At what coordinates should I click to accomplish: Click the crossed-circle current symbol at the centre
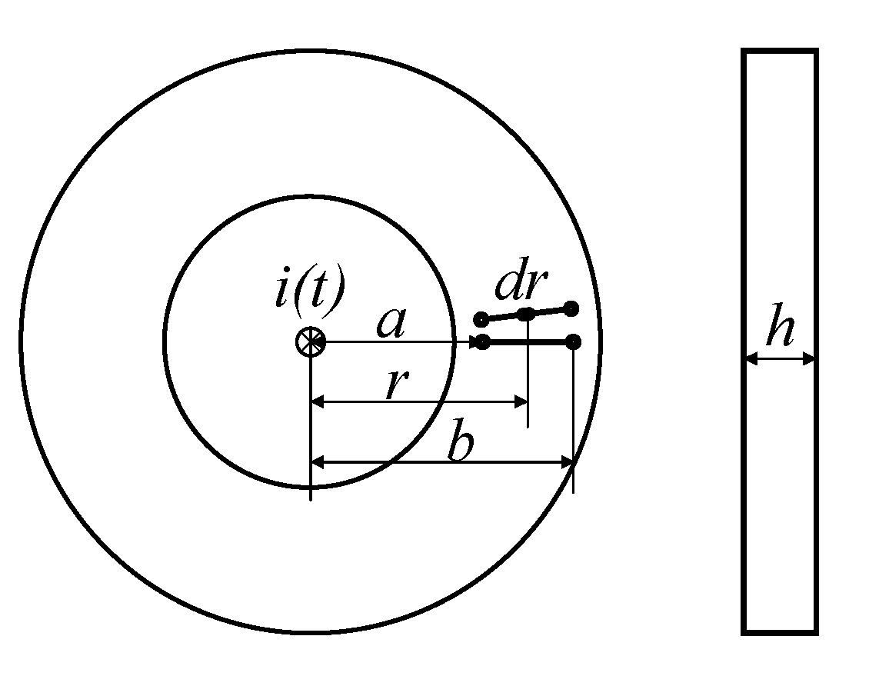pos(310,341)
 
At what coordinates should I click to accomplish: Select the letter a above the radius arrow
pos(391,323)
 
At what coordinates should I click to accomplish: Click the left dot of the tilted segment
pos(481,319)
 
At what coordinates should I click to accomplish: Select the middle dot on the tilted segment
pos(526,314)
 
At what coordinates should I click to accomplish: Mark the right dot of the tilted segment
pos(571,309)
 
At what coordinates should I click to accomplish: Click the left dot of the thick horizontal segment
pos(482,341)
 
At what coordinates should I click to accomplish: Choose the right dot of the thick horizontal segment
pos(573,341)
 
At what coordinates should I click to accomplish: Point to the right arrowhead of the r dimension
pos(521,401)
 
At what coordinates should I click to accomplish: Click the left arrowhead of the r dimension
pos(317,401)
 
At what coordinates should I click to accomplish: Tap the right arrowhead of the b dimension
pos(568,462)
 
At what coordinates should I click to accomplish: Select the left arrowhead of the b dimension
pos(317,462)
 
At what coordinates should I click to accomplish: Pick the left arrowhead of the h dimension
pos(751,358)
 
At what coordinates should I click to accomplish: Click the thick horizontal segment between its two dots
pos(528,341)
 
